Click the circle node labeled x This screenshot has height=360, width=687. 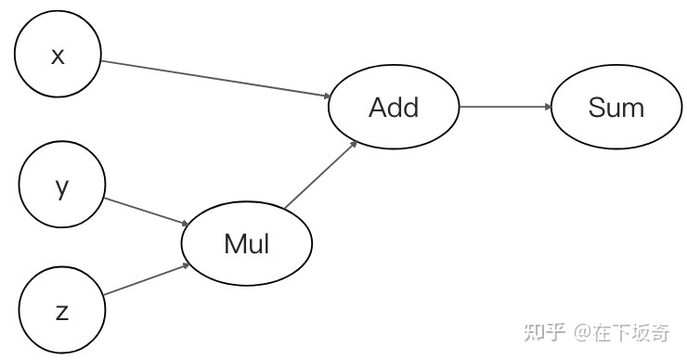point(58,56)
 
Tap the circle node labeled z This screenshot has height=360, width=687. point(62,311)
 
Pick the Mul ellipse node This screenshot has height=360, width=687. point(247,244)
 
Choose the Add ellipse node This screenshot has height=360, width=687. point(394,107)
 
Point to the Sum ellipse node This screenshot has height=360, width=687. point(616,107)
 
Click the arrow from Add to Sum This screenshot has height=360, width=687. point(506,107)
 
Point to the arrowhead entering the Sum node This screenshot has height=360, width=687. point(548,107)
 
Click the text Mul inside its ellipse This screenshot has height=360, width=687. point(247,244)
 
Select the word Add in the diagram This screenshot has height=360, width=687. point(394,107)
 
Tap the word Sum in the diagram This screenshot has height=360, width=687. point(616,107)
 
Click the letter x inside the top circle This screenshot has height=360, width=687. point(58,56)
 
